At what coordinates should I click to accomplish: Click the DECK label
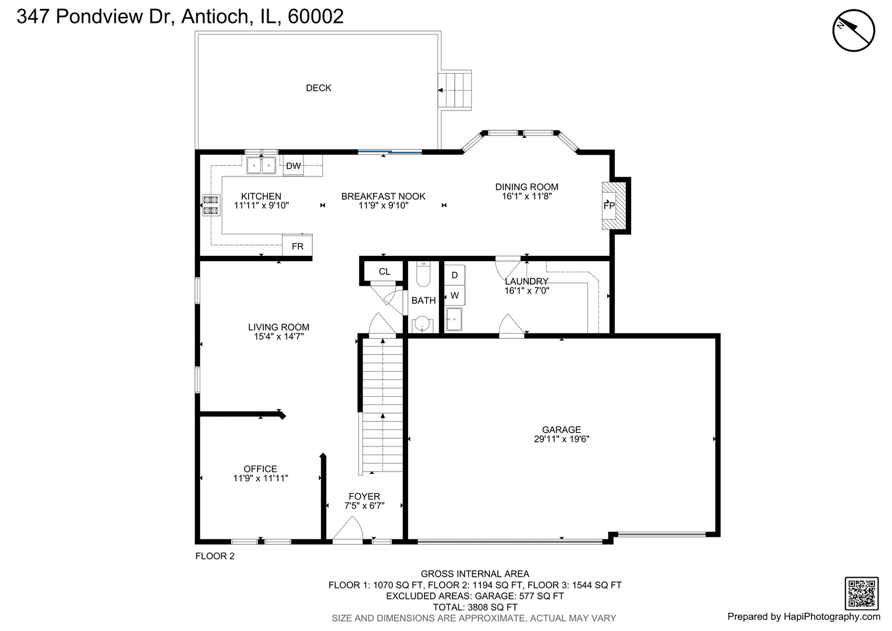point(318,88)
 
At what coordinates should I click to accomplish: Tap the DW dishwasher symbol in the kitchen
point(293,166)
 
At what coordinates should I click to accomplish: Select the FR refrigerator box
point(297,245)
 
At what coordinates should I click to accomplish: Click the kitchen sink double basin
point(261,165)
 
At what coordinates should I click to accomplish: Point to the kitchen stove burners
point(211,205)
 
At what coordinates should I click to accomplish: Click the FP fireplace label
point(609,206)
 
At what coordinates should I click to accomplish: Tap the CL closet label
point(384,272)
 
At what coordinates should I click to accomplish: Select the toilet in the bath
point(423,274)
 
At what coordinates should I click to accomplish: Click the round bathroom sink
point(422,324)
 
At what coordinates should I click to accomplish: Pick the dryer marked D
point(454,275)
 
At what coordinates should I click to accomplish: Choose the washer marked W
point(454,296)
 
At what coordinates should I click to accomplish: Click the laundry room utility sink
point(454,319)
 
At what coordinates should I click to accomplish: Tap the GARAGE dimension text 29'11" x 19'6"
point(562,439)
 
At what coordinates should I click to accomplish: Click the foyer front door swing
point(348,530)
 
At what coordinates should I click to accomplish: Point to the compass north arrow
point(853,31)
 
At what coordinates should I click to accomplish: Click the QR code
point(862,594)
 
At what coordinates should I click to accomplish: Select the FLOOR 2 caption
point(215,556)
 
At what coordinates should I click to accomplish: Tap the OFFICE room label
point(260,469)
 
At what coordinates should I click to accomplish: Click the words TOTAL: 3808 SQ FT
point(475,607)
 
